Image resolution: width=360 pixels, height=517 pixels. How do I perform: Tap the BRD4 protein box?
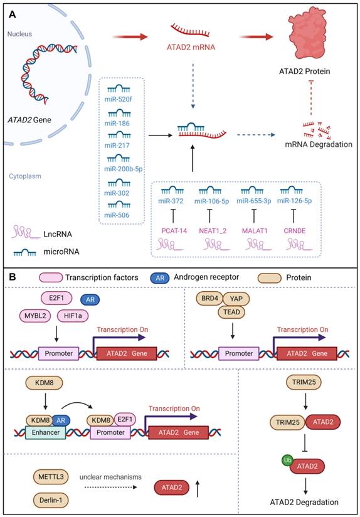(x=211, y=299)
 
